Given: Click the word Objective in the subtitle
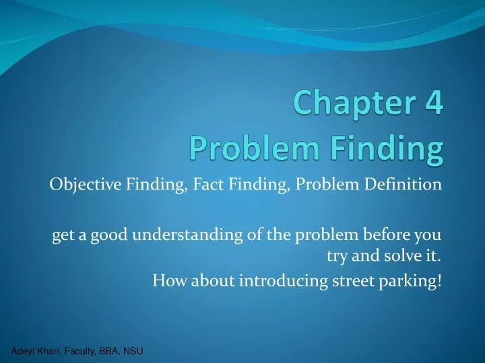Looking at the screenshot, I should pos(84,185).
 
